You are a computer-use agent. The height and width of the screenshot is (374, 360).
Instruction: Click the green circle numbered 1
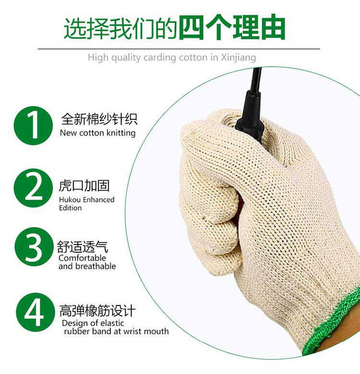click(33, 126)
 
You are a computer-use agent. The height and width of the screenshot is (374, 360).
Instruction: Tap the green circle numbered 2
click(33, 187)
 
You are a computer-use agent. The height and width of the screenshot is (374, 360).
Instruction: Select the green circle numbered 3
click(34, 246)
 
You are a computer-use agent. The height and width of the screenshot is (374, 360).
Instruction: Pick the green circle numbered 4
click(36, 312)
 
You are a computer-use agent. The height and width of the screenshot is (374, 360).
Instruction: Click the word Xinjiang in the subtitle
click(238, 58)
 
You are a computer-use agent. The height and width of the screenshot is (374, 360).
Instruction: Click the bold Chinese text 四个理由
click(232, 28)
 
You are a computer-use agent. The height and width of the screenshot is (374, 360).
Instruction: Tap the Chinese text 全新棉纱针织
click(99, 119)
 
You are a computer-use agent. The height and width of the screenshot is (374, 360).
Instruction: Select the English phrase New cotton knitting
click(97, 133)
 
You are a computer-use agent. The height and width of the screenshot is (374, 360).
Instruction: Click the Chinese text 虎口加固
click(84, 186)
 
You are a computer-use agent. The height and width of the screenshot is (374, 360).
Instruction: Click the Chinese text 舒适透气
click(83, 246)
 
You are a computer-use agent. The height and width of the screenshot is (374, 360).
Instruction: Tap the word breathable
click(96, 266)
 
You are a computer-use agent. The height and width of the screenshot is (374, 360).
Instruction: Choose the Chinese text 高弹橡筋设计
click(97, 311)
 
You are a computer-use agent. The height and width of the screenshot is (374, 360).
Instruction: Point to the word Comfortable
click(82, 258)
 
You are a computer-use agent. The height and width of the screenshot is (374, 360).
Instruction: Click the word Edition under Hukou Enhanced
click(71, 208)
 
